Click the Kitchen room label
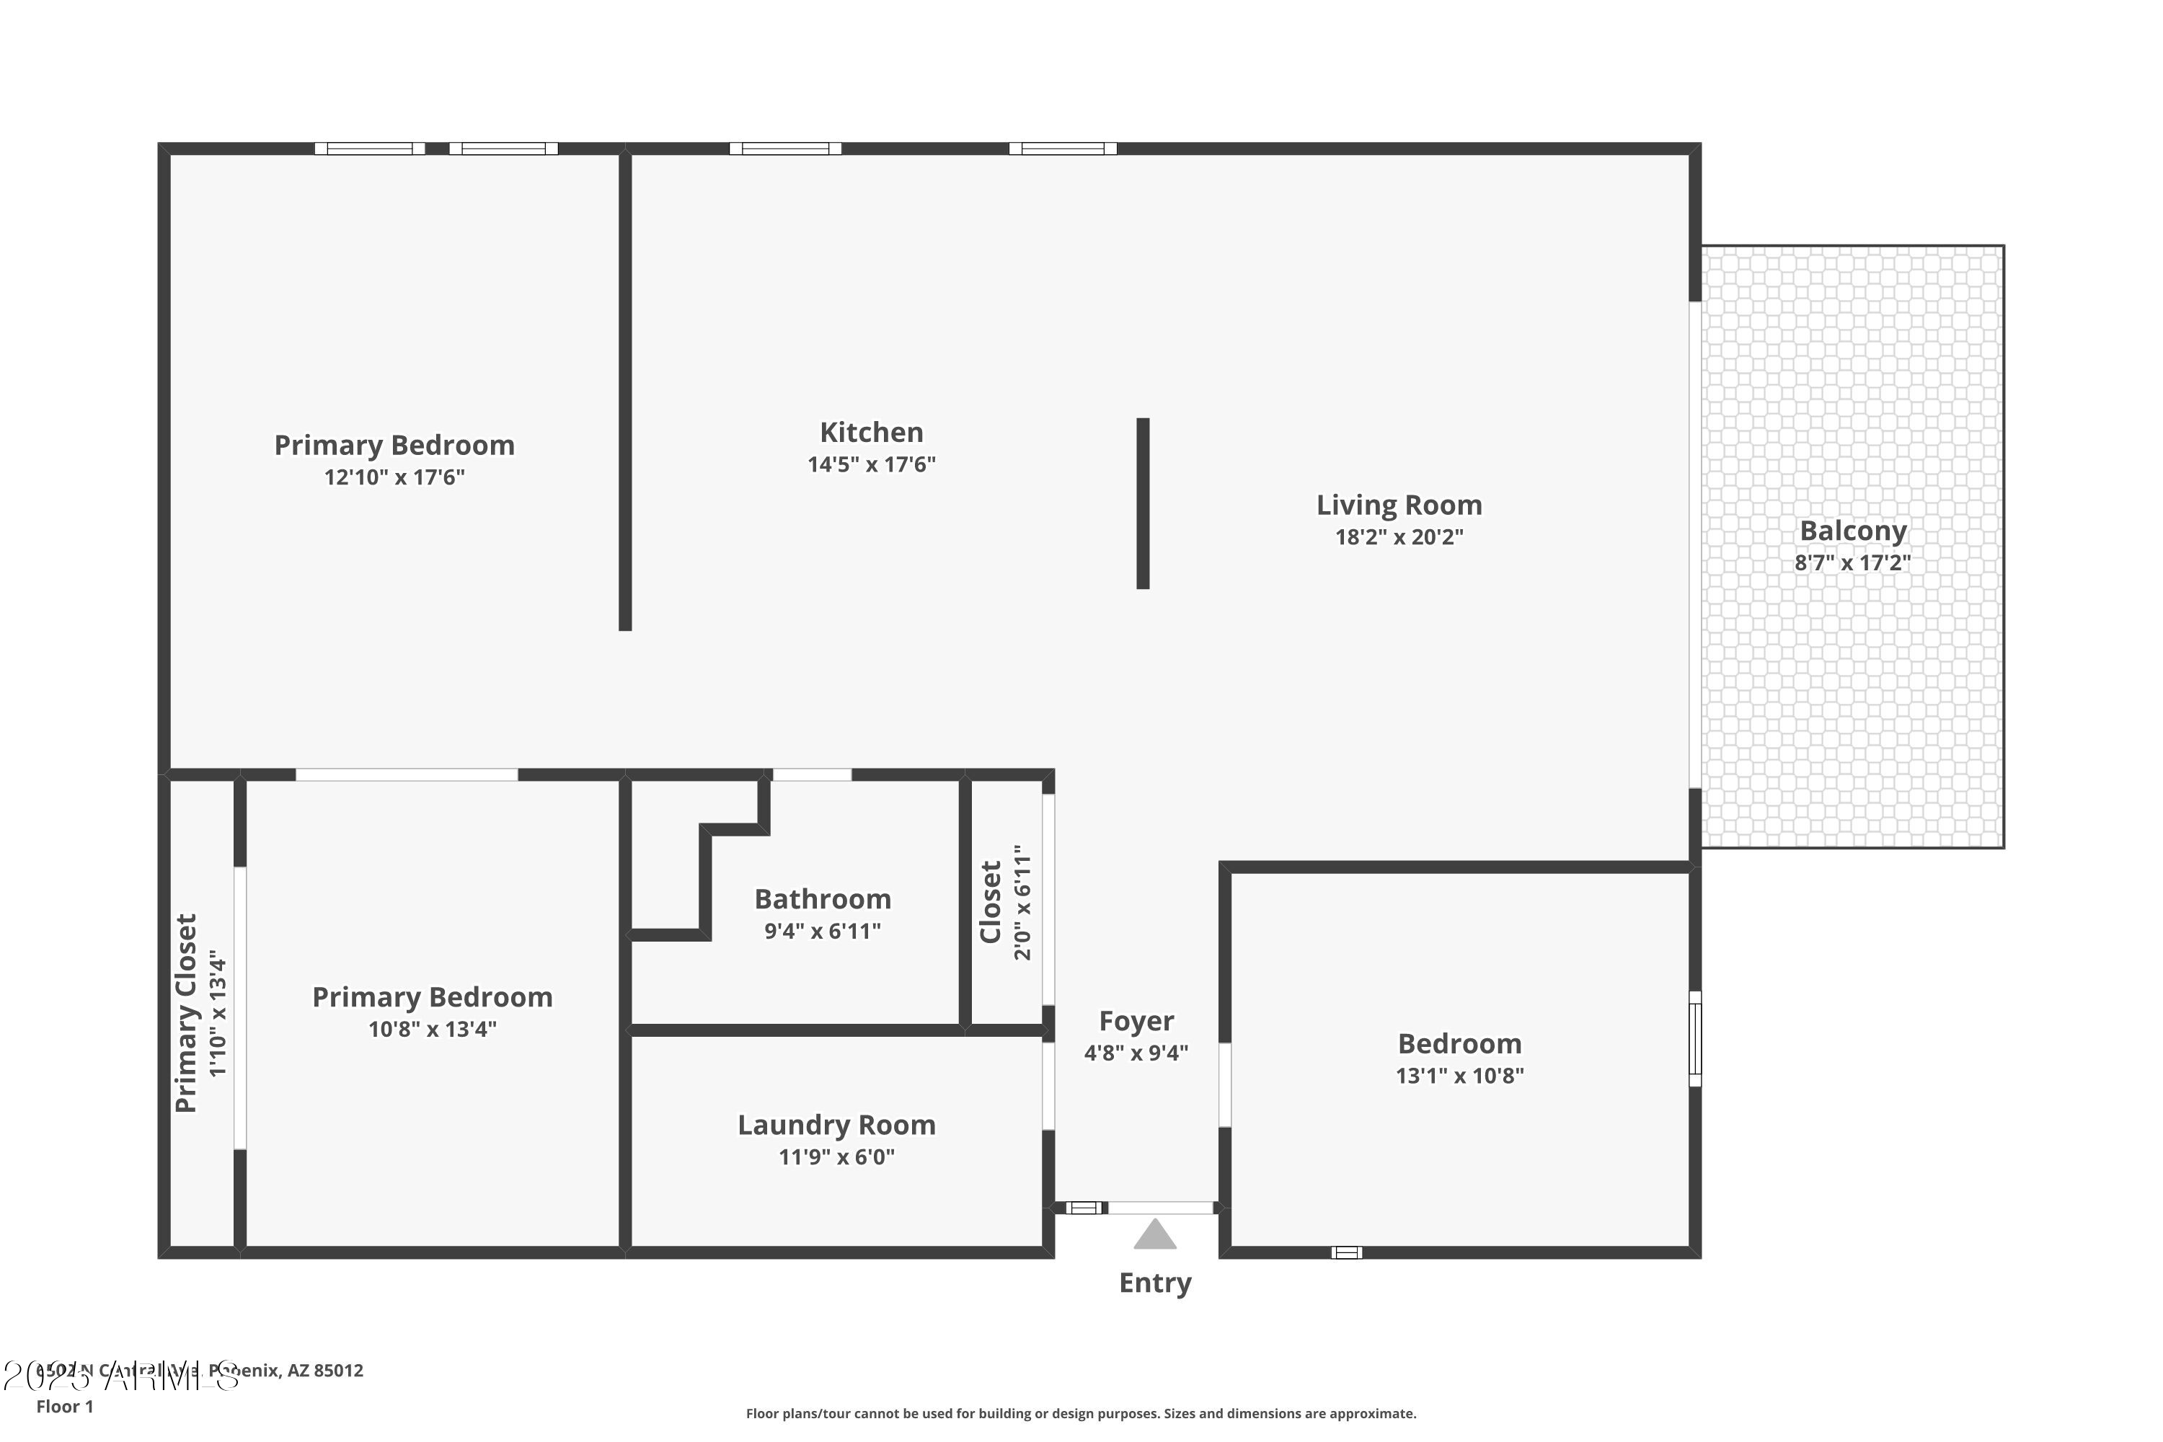tap(871, 432)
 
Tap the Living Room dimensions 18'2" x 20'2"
tap(1399, 537)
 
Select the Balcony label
tap(1852, 531)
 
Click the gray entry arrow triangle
tap(1155, 1236)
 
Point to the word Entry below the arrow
tap(1155, 1283)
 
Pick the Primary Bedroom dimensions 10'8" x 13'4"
tap(432, 1029)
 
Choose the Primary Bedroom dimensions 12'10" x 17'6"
tap(394, 477)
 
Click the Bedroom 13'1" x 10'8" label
tap(1459, 1044)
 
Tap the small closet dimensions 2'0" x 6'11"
tap(1022, 903)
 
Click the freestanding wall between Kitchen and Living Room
tap(1143, 503)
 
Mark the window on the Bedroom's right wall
tap(1695, 1038)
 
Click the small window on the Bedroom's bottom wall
tap(1346, 1252)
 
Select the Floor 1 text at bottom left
tap(64, 1406)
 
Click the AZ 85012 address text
tap(326, 1371)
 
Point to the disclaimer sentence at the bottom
tap(1081, 1413)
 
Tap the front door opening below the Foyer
tap(1161, 1208)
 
